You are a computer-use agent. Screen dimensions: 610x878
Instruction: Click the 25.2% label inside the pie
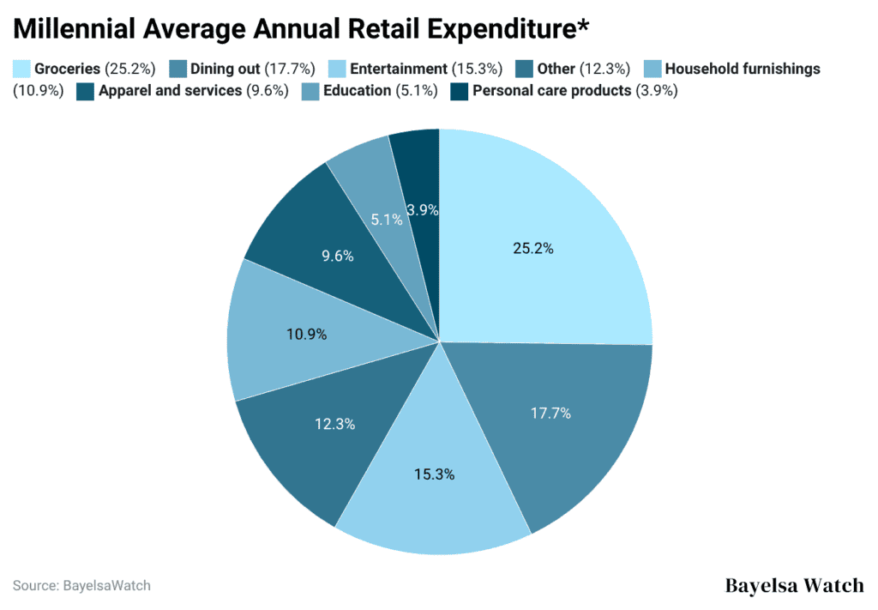[x=533, y=249]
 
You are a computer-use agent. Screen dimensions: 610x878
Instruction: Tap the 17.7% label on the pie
[x=550, y=413]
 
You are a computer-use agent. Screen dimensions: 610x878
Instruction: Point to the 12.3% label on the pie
[x=335, y=424]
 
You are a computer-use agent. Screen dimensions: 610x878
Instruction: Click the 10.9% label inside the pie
[x=306, y=335]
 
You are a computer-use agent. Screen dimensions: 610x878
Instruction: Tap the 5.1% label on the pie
[x=387, y=220]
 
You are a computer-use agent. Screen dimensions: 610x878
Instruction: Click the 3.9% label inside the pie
[x=423, y=209]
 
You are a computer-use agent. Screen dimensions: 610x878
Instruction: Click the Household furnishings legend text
[x=743, y=69]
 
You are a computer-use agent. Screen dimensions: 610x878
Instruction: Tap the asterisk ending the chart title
[x=583, y=26]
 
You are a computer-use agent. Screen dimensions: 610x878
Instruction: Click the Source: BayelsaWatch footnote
[x=81, y=586]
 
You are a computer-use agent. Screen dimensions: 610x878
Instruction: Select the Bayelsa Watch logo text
[x=794, y=586]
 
